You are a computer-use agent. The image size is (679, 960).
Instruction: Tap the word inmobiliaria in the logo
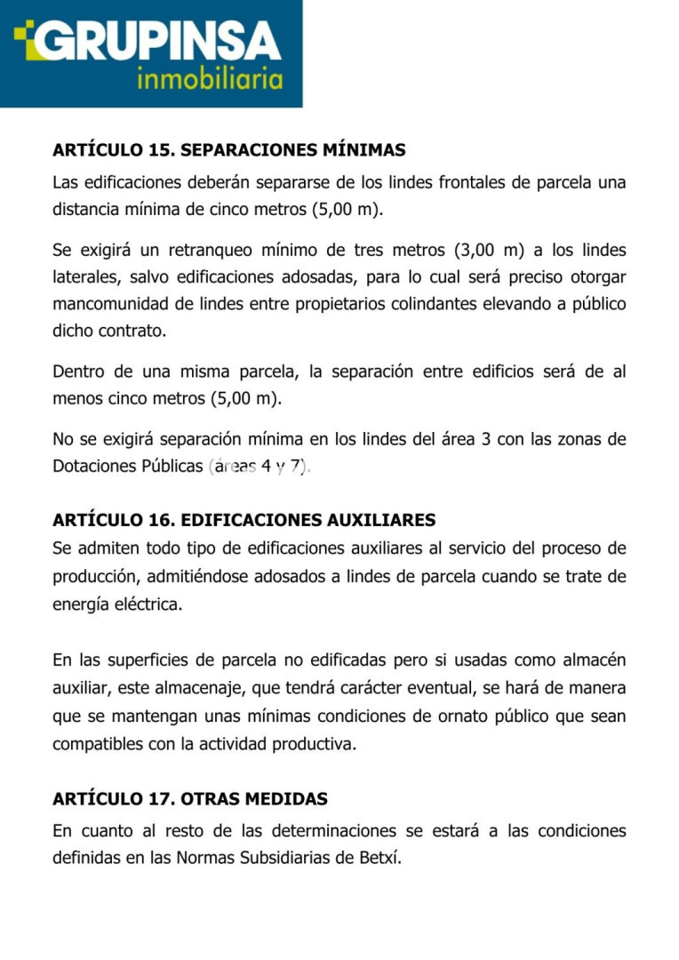click(210, 80)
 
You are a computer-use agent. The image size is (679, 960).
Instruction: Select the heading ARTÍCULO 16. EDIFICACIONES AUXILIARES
click(244, 520)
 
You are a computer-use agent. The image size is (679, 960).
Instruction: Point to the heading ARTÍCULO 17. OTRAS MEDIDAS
click(190, 799)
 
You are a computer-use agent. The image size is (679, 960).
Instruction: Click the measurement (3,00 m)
click(488, 250)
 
